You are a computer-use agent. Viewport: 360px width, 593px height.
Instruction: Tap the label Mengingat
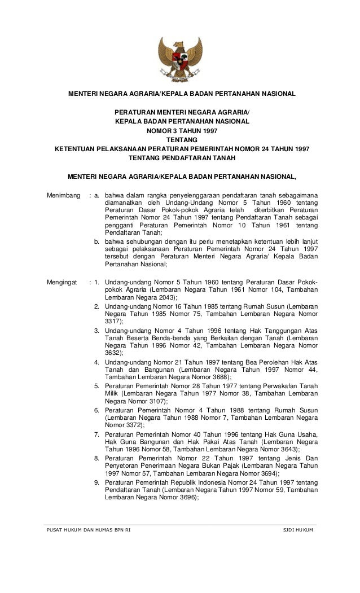pos(61,281)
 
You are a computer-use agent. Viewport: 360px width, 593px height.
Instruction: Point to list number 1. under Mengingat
pos(97,281)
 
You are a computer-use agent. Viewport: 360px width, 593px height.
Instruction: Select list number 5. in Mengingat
pos(97,386)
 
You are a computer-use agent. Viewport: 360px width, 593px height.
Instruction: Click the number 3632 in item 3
pos(112,352)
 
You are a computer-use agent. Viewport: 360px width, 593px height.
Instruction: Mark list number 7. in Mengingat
pos(97,433)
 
